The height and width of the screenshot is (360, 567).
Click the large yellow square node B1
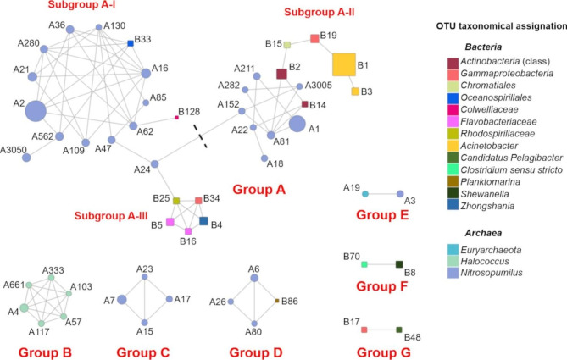[x=344, y=64]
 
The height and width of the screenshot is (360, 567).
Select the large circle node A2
[x=36, y=111]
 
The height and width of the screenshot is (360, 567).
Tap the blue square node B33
[x=131, y=43]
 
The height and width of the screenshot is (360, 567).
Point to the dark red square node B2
[x=282, y=74]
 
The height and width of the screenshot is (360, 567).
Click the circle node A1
[x=297, y=125]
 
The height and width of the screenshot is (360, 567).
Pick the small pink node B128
[x=176, y=117]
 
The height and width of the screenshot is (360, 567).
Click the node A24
[x=154, y=164]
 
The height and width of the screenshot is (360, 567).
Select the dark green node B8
[x=399, y=265]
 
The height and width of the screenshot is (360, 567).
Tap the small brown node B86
[x=277, y=300]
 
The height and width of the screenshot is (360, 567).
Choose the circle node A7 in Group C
[x=122, y=299]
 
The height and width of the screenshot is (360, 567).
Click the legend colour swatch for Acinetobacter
[x=454, y=147]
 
